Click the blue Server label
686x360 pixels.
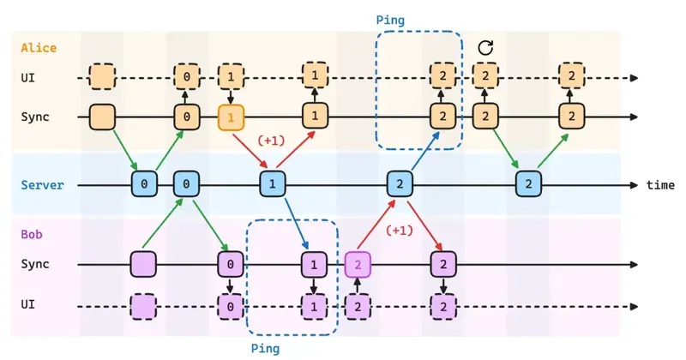coord(42,184)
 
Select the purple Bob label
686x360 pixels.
coord(31,233)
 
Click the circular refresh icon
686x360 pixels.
coord(485,48)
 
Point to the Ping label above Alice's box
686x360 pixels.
coord(391,19)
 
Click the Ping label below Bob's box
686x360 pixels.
coord(265,348)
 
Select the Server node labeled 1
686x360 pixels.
coord(272,184)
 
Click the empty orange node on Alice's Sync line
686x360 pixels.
coord(102,115)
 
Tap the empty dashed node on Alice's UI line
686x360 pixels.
coord(102,77)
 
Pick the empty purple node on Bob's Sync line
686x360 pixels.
coord(143,264)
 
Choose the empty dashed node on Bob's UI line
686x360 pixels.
coord(143,304)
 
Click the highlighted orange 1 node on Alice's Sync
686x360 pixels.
coord(230,115)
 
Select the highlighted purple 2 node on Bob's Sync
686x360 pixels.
coord(358,264)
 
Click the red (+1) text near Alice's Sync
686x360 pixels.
coord(271,138)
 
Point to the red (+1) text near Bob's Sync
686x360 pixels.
coord(399,230)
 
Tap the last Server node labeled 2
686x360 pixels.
coord(528,184)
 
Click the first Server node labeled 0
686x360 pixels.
coord(144,184)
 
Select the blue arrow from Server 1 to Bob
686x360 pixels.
coord(294,225)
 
